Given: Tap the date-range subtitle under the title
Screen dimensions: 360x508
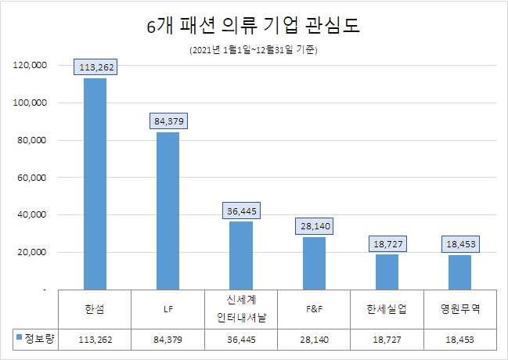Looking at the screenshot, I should pyautogui.click(x=254, y=50).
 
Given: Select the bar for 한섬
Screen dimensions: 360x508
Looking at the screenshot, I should pyautogui.click(x=95, y=184).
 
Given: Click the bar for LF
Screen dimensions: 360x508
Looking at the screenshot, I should pyautogui.click(x=168, y=211).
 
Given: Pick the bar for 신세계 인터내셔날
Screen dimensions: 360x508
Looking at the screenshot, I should pyautogui.click(x=241, y=256).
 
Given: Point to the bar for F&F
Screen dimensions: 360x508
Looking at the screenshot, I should pyautogui.click(x=314, y=264).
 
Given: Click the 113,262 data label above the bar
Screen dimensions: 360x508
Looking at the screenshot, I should pyautogui.click(x=96, y=67).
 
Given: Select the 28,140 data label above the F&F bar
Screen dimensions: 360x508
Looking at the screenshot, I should pyautogui.click(x=314, y=225).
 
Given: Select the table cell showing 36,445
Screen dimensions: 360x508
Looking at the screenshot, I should pyautogui.click(x=240, y=339).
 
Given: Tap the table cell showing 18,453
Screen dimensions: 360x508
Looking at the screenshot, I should pyautogui.click(x=459, y=339).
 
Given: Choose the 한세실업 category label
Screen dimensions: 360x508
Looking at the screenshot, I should pyautogui.click(x=387, y=308).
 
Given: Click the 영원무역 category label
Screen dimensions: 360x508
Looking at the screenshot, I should pyautogui.click(x=459, y=308).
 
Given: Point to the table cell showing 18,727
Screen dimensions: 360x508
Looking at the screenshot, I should pyautogui.click(x=387, y=339).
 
